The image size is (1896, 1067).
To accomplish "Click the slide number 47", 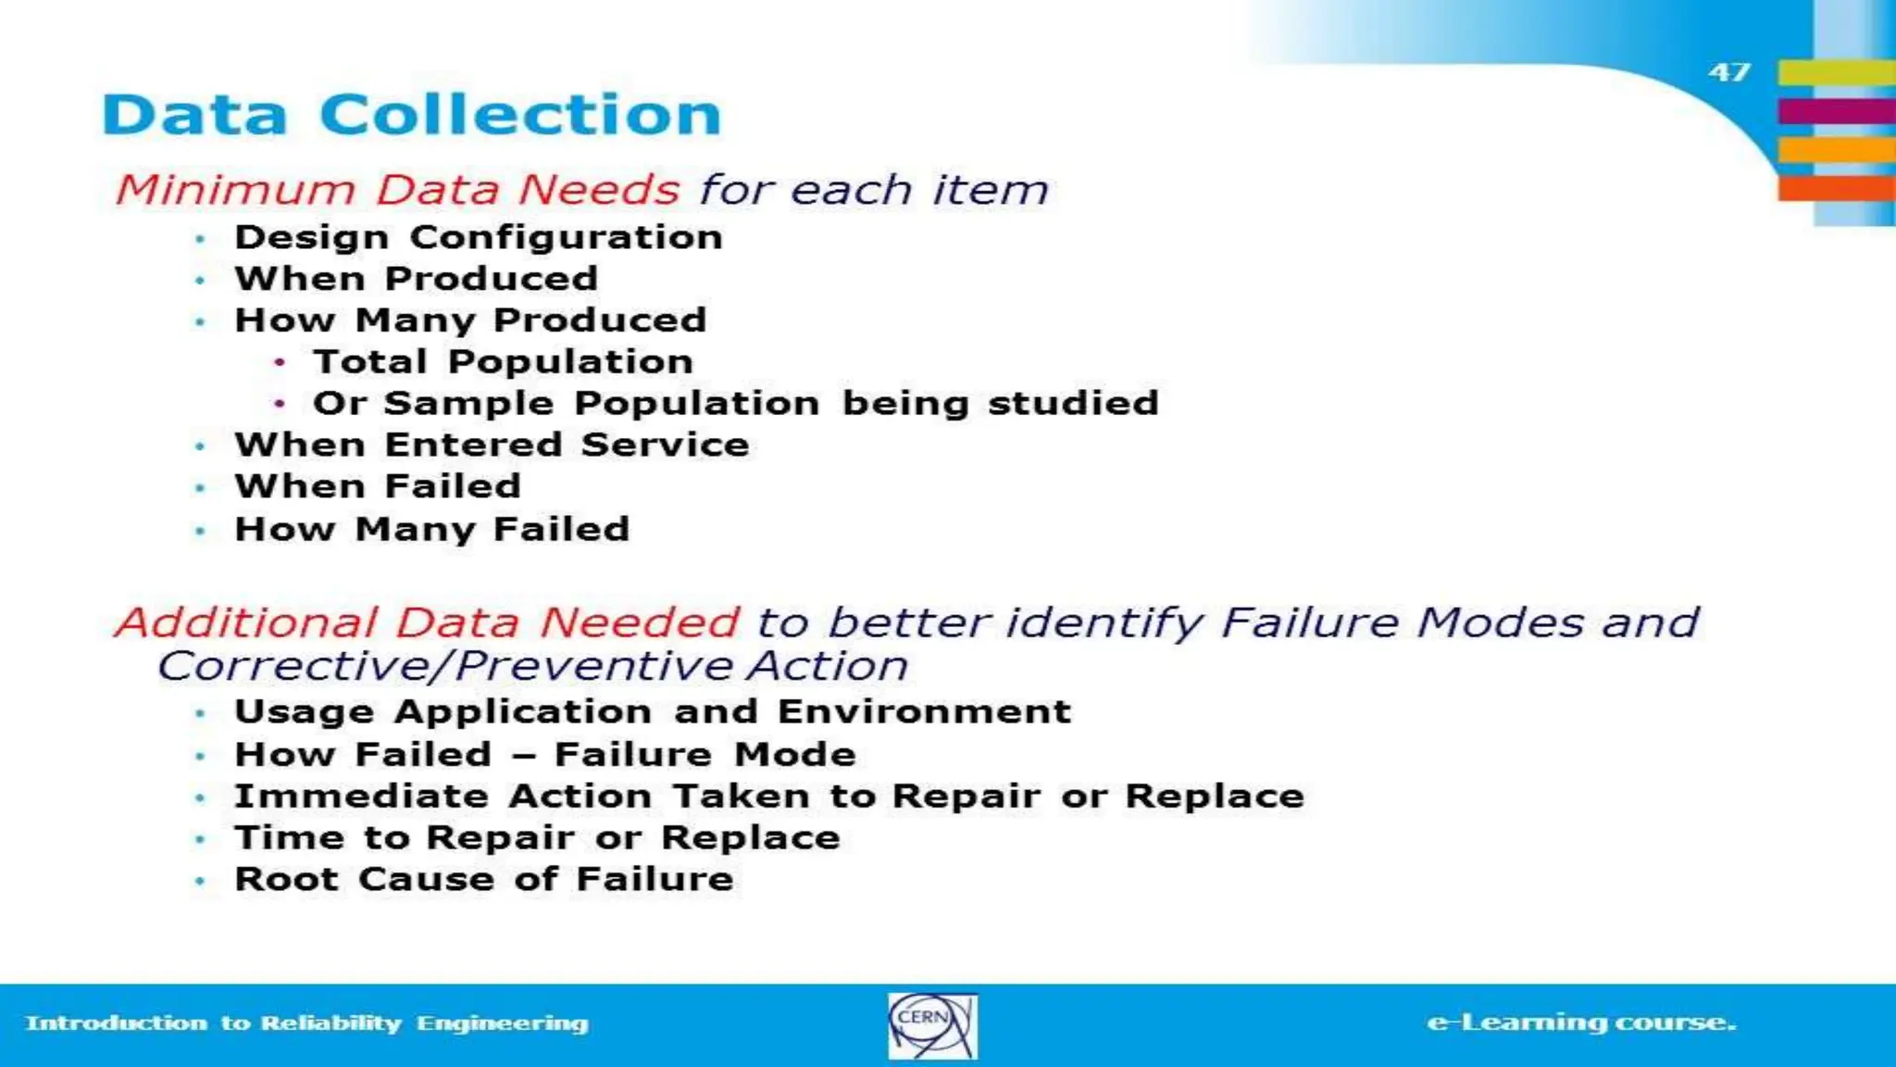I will click(1729, 72).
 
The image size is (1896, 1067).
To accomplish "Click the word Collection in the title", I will click(519, 115).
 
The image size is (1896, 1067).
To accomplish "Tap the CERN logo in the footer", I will click(931, 1025).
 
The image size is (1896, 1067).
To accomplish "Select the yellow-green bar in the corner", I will click(1836, 71).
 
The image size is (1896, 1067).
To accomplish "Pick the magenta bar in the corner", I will click(1836, 111).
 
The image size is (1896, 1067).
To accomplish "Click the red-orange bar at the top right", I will click(1836, 188).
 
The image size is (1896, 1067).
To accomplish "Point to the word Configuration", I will click(566, 238).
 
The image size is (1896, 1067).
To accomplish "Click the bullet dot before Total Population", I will click(280, 362).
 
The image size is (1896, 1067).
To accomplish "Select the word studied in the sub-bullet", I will click(1073, 404).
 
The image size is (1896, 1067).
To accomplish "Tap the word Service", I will click(665, 446).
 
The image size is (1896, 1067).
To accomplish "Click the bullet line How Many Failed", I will click(431, 530).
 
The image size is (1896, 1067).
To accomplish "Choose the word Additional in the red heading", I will click(246, 622).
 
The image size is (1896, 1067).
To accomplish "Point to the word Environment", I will click(924, 712).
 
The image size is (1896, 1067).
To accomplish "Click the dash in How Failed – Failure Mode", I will click(523, 756).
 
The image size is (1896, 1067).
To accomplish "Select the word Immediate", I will click(361, 797).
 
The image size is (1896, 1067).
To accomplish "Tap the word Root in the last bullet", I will click(286, 879).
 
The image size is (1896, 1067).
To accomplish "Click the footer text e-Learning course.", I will click(1581, 1023).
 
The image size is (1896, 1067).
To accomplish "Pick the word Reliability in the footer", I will click(331, 1023).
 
